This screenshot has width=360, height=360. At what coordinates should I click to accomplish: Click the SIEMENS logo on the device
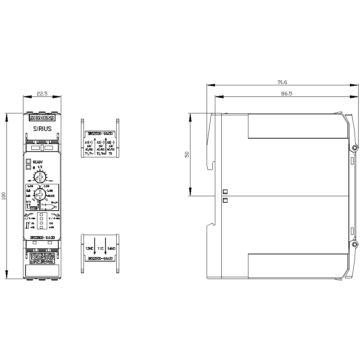[42, 118]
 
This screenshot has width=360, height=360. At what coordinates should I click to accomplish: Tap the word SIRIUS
[42, 129]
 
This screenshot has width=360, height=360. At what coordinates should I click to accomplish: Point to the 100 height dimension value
[4, 196]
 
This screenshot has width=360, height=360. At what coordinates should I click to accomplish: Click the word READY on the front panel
[38, 162]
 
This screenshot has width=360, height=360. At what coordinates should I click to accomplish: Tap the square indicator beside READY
[28, 162]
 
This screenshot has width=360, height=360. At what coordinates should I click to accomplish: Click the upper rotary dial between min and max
[39, 177]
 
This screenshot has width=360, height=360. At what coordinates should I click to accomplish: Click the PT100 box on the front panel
[33, 208]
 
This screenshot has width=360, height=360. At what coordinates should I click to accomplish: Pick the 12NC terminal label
[89, 248]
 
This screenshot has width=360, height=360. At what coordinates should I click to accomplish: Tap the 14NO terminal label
[111, 248]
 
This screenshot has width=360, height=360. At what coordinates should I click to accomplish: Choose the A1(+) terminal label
[89, 143]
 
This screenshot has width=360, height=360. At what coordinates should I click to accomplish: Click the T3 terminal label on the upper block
[111, 154]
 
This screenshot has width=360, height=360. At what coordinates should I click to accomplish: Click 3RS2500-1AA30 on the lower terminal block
[100, 258]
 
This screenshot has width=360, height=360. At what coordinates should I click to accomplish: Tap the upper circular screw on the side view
[355, 148]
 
